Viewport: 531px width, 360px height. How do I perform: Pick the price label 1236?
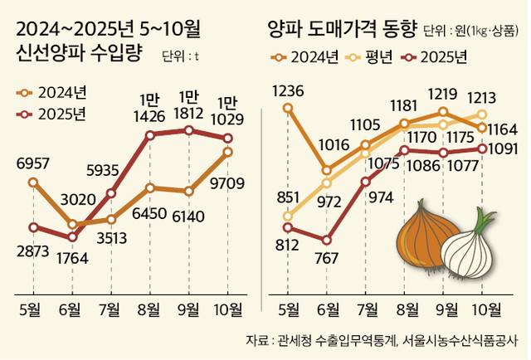[x=287, y=90]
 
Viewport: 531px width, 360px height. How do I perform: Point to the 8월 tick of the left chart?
[x=149, y=310]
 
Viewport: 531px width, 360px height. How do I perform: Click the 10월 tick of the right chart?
[x=483, y=310]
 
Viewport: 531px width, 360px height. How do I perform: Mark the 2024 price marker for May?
[x=287, y=107]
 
